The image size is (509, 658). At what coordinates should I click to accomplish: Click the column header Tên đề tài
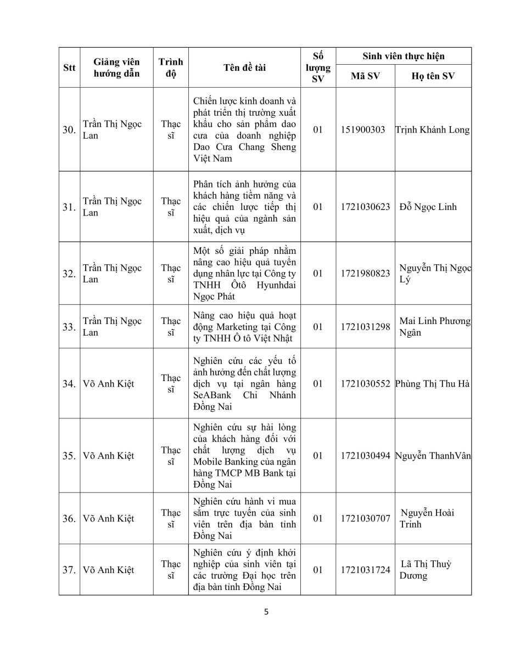point(244,67)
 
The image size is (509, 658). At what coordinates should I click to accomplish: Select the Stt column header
point(69,67)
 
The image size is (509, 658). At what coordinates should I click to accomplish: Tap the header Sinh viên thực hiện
point(404,56)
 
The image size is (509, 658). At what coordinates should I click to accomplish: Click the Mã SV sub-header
point(365,76)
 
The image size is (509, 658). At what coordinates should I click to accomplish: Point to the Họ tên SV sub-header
point(433,76)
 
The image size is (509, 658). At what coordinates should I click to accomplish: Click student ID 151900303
point(363,130)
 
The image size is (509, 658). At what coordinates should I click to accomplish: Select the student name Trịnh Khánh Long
point(433,130)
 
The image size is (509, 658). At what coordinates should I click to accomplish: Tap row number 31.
point(69,207)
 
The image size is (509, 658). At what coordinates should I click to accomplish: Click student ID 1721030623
point(365,207)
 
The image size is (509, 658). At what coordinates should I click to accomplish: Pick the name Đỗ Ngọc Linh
point(428,207)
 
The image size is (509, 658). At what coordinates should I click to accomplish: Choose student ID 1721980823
point(365,273)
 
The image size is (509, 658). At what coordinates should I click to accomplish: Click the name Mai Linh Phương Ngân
point(434,327)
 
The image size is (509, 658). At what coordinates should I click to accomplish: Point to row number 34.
point(69,384)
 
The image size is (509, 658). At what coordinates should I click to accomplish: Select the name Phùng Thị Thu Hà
point(433,383)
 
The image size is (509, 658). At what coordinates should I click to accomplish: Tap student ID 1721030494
point(365,456)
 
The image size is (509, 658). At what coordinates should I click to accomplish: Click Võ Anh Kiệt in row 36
point(108,518)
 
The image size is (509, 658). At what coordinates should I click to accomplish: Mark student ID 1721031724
point(365,570)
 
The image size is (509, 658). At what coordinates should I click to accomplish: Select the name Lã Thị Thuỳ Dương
point(426,570)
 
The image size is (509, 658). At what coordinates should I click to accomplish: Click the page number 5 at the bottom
point(266,612)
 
